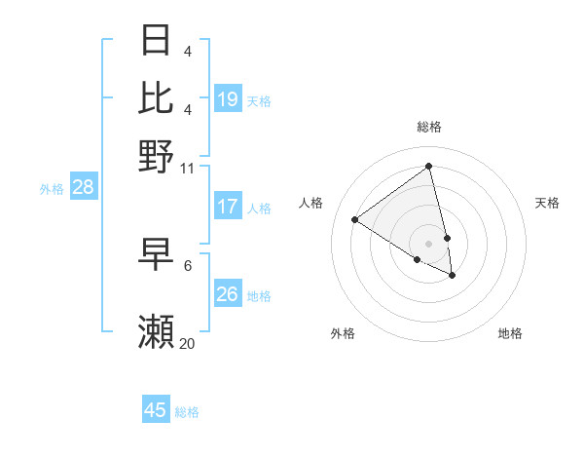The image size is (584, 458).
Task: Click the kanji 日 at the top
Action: click(x=156, y=40)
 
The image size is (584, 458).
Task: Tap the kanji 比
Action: click(x=156, y=97)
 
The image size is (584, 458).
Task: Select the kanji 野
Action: click(x=156, y=155)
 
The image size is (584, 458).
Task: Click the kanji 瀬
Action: click(x=156, y=332)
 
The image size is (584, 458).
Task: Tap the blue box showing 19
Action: click(x=228, y=98)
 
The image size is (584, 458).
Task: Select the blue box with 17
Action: click(x=228, y=207)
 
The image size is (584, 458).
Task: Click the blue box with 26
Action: click(x=228, y=293)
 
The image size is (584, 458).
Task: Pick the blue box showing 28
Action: click(x=83, y=188)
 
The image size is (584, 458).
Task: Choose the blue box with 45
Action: click(x=156, y=410)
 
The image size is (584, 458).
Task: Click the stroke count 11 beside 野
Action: click(x=188, y=168)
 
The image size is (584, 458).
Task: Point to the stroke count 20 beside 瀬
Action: click(x=188, y=343)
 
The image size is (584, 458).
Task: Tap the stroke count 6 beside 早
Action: click(x=188, y=265)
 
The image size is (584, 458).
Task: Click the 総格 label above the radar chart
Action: click(x=429, y=127)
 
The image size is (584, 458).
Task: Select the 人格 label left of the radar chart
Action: click(x=311, y=203)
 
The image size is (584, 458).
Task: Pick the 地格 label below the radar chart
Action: click(x=510, y=333)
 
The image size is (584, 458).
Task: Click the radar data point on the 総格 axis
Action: click(x=429, y=166)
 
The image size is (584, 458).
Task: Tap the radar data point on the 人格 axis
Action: click(x=355, y=219)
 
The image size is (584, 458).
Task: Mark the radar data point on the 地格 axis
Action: click(x=453, y=276)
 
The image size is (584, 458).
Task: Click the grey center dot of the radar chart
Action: click(x=429, y=243)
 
